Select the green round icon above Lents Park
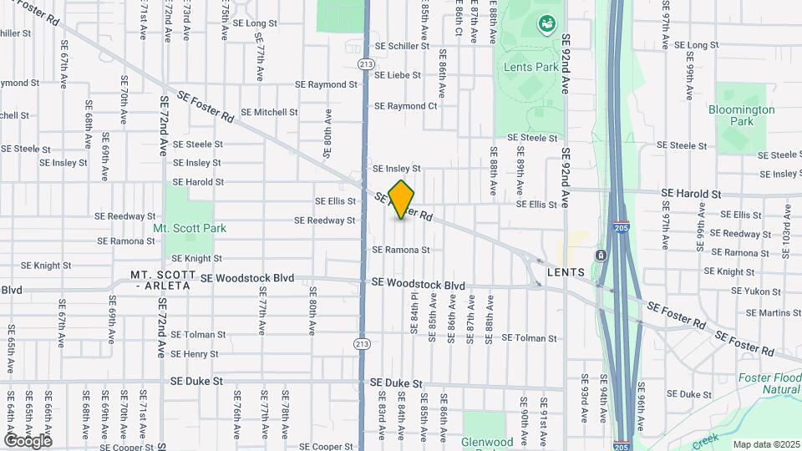click(x=547, y=26)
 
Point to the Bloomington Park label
click(x=741, y=115)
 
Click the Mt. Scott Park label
click(x=190, y=228)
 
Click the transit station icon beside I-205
click(x=600, y=255)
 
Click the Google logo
click(x=28, y=440)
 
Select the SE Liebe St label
click(x=398, y=75)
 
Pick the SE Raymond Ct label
click(x=405, y=106)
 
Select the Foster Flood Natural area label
click(x=769, y=383)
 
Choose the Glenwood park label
click(x=487, y=442)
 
